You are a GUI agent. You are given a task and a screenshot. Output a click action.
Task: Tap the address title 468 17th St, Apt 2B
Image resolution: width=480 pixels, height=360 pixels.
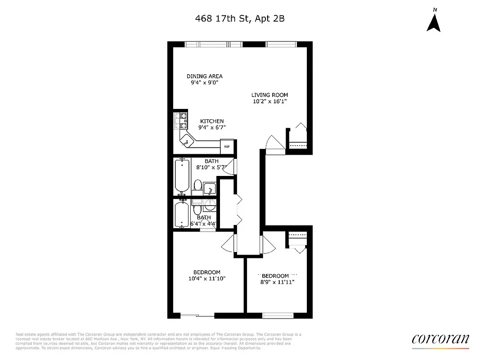tap(240, 18)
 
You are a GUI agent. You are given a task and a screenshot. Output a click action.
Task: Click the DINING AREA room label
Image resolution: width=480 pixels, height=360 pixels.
tap(205, 76)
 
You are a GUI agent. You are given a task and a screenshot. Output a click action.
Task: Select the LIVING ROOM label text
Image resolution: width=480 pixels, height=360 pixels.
tap(269, 95)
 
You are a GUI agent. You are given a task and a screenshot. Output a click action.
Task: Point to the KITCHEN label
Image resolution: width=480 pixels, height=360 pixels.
tap(212, 121)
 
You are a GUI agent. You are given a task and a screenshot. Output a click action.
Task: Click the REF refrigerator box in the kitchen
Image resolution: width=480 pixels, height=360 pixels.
tap(227, 146)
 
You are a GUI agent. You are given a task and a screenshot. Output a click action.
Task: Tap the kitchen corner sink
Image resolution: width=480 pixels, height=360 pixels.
tap(185, 142)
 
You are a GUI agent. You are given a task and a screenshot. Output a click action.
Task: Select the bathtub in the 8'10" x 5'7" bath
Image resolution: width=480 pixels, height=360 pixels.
tap(182, 175)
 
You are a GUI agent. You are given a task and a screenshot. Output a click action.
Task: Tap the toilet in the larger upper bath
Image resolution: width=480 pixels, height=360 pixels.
tap(197, 184)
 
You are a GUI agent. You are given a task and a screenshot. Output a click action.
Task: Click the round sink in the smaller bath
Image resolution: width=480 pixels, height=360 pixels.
tap(210, 207)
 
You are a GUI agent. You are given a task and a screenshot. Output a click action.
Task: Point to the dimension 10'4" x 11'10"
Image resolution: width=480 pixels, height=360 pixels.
tap(206, 279)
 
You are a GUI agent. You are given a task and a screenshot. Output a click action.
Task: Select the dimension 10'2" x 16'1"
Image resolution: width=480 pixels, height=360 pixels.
tap(269, 102)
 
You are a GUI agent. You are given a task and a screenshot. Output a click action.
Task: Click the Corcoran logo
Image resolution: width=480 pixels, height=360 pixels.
tap(440, 339)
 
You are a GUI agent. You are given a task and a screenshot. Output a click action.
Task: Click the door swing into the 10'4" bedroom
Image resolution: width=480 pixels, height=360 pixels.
tap(229, 244)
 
